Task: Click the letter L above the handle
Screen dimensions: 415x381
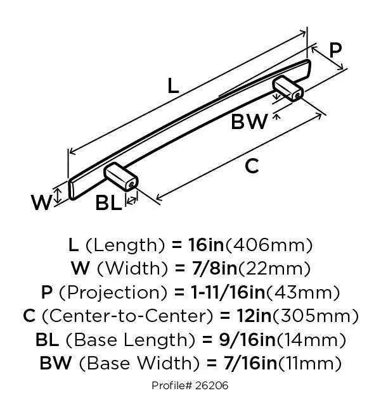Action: tap(172, 85)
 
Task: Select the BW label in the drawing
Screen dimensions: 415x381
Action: tap(249, 121)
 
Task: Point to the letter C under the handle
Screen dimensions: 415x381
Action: tap(252, 166)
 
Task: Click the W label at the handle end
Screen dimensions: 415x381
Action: tap(42, 202)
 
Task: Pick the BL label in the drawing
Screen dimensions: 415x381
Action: tap(108, 204)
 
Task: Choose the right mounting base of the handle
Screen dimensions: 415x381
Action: tap(288, 88)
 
